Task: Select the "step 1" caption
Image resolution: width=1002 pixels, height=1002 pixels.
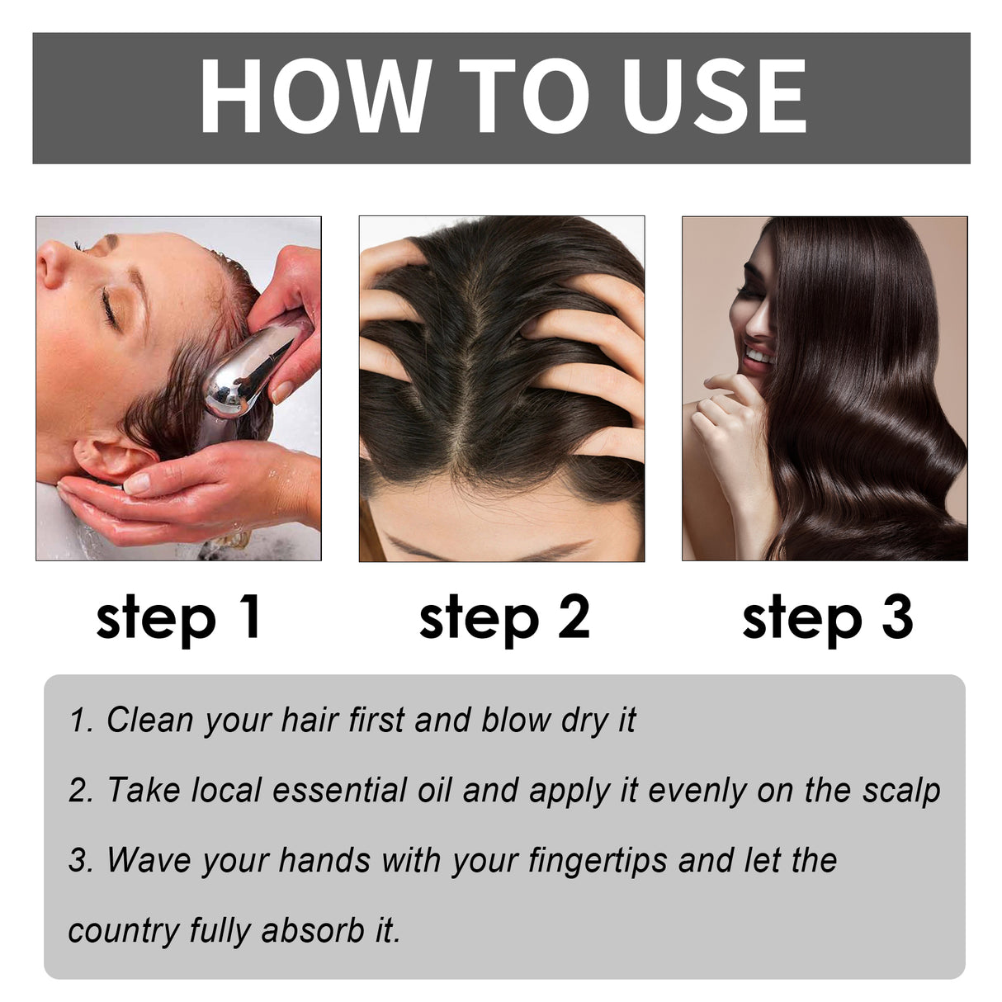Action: (x=178, y=617)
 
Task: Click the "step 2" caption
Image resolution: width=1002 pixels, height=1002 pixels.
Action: (x=504, y=617)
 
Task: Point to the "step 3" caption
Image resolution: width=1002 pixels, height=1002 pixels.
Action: (x=827, y=617)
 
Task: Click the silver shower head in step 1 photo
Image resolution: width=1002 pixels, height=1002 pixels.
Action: (x=248, y=371)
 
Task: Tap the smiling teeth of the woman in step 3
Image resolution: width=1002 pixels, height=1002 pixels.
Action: (x=758, y=357)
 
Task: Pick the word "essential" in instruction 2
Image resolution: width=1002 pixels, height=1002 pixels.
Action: (x=338, y=791)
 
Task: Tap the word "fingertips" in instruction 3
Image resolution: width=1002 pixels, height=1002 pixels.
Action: (x=598, y=861)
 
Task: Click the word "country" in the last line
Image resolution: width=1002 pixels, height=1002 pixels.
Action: (x=124, y=931)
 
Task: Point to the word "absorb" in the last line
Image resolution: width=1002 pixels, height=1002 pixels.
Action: (x=313, y=931)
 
